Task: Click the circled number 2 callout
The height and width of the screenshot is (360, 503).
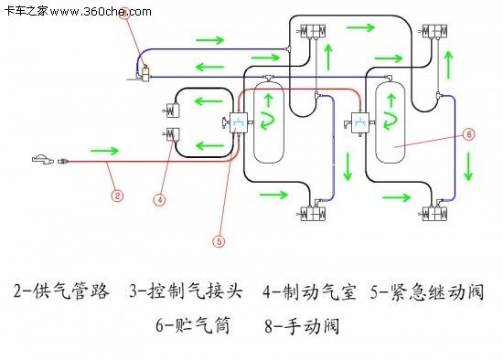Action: pyautogui.click(x=116, y=194)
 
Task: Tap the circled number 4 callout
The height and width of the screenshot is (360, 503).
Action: pyautogui.click(x=159, y=198)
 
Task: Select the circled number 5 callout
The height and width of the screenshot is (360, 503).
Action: pyautogui.click(x=218, y=242)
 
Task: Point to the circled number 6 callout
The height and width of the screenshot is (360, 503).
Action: pyautogui.click(x=468, y=133)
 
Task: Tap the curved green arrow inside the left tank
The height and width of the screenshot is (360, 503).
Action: pyautogui.click(x=270, y=118)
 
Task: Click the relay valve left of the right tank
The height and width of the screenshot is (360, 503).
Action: pyautogui.click(x=359, y=121)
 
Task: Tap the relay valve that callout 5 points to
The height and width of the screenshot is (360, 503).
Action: pyautogui.click(x=235, y=122)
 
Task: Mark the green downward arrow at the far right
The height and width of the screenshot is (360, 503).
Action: pyautogui.click(x=468, y=166)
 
